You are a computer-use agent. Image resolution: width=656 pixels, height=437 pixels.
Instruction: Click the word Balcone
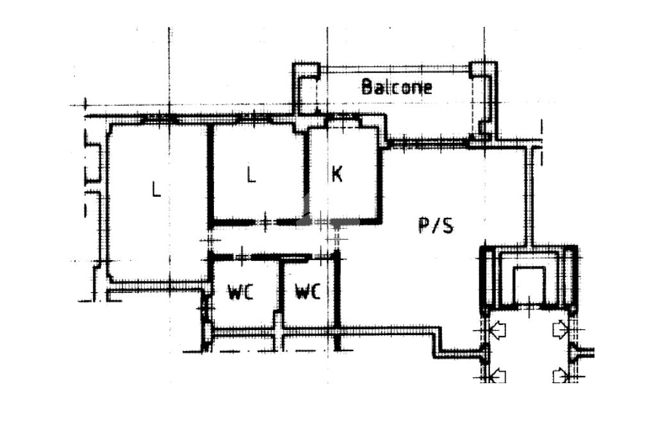[397, 87]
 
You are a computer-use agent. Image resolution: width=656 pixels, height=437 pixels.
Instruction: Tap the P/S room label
[436, 225]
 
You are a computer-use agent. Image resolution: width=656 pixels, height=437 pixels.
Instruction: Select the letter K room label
[337, 174]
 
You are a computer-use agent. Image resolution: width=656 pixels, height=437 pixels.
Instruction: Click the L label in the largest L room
[156, 189]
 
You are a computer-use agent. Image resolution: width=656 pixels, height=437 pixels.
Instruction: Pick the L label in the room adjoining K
[251, 174]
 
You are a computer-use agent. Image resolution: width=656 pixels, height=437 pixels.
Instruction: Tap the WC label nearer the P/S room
[307, 292]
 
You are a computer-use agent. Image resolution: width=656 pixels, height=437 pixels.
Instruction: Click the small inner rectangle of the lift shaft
[529, 284]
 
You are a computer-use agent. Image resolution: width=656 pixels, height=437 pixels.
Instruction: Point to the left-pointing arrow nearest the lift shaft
[496, 329]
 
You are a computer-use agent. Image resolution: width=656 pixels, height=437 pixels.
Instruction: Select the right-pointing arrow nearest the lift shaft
[561, 329]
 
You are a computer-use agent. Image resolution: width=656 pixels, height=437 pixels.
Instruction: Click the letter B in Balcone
[367, 87]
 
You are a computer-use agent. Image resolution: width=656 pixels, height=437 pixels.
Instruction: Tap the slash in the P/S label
[436, 225]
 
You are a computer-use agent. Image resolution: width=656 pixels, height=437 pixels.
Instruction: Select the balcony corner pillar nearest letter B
[306, 71]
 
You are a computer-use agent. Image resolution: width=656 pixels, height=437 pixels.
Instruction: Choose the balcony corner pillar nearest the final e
[483, 70]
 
